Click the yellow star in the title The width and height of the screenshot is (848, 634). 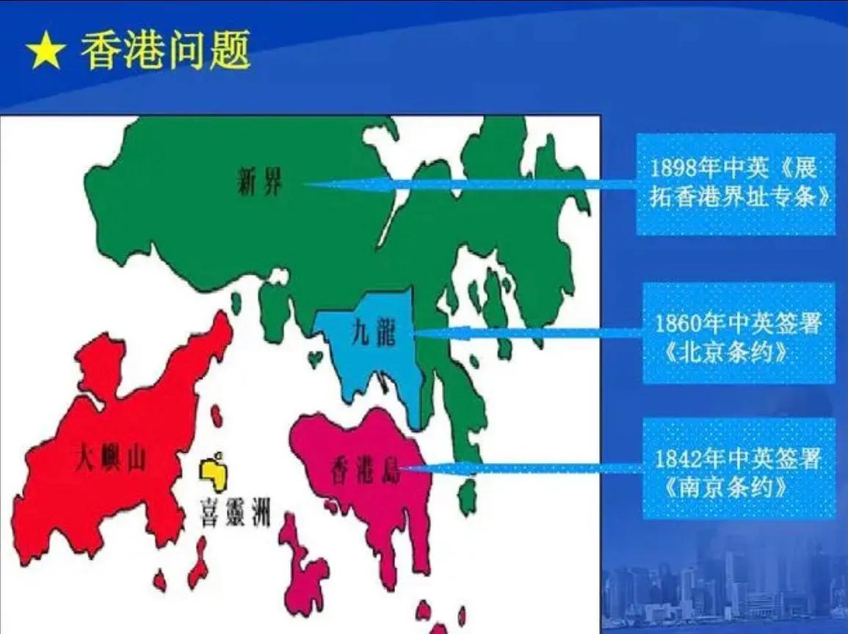[x=46, y=50]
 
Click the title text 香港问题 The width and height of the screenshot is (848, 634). [x=165, y=50]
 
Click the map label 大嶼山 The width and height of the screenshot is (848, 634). [x=112, y=459]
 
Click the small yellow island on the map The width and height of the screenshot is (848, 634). [x=214, y=474]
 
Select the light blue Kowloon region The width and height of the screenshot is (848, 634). [x=373, y=346]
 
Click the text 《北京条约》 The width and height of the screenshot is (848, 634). [x=725, y=353]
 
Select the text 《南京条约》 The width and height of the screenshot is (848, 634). [x=725, y=488]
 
